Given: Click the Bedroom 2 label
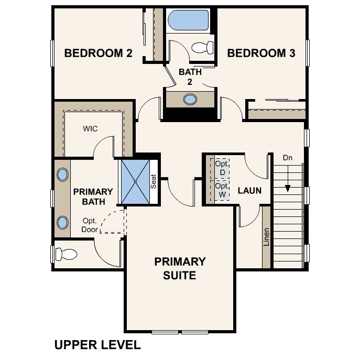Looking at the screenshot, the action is click(99, 53).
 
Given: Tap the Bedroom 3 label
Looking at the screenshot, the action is click(261, 53).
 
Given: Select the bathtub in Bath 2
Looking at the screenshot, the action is click(188, 20).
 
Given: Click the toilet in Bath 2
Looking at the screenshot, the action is click(202, 48).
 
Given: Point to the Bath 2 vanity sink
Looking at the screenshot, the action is click(190, 100).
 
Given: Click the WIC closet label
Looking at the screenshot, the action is click(90, 128).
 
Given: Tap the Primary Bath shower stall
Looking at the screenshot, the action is click(136, 182).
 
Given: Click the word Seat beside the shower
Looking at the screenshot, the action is click(153, 181).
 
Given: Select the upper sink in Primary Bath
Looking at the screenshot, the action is click(62, 174).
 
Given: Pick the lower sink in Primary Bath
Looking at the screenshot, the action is click(62, 223).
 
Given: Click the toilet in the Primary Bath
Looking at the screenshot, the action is click(66, 254).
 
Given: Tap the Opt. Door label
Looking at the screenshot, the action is click(90, 225).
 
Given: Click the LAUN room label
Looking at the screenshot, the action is click(249, 191).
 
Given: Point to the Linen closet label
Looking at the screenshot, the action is click(266, 237).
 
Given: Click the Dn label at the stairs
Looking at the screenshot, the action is click(288, 158).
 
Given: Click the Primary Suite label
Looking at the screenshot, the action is click(180, 268).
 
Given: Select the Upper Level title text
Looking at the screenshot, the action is click(97, 345).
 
